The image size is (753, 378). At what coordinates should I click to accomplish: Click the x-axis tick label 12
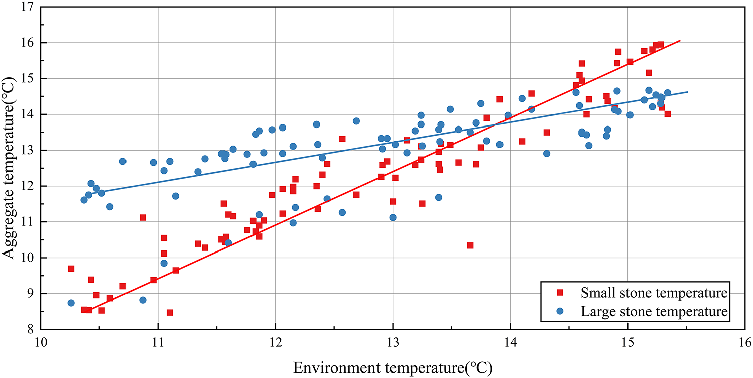coord(275,342)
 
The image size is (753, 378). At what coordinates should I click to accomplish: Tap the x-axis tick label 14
coord(510,342)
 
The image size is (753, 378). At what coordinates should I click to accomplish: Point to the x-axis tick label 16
coord(745,342)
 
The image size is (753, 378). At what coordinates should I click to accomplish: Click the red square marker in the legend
coord(560,292)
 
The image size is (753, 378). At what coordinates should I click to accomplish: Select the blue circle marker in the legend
coord(560,311)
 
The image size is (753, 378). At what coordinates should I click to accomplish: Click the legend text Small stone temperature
coord(654,292)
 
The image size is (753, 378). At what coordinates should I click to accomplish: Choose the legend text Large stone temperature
coord(654,311)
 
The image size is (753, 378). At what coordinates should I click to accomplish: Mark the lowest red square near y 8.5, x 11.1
coord(170,313)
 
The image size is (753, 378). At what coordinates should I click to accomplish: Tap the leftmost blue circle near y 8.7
coord(71,303)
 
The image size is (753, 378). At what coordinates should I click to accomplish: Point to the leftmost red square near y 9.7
coord(71,269)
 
